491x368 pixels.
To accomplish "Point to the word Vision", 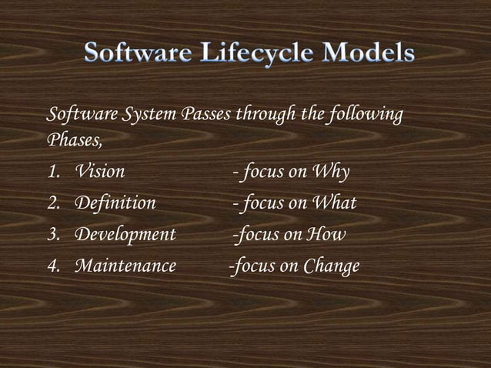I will click(99, 172).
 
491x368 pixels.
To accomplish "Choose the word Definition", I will click(115, 203).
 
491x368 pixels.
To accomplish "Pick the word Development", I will click(125, 235).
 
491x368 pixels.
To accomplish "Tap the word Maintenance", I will click(125, 266).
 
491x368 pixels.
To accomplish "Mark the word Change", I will click(331, 267).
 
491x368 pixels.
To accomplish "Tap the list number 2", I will click(53, 203).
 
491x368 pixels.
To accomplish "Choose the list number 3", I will click(53, 235).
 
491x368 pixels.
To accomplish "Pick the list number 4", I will click(53, 266).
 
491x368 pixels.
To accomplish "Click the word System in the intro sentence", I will click(152, 116).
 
